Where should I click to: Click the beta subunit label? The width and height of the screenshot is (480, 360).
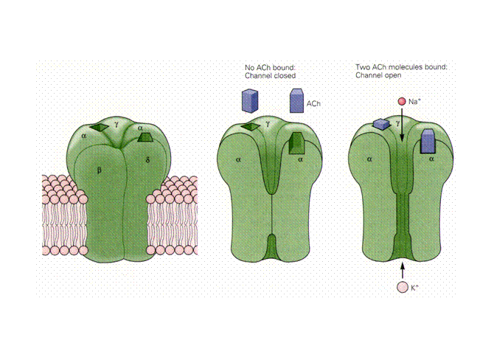coord(100,170)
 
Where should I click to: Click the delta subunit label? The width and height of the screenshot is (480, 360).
coord(148,159)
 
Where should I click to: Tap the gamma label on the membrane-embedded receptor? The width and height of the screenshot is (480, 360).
coord(116,124)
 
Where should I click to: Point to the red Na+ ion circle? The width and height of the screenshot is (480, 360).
coord(402,101)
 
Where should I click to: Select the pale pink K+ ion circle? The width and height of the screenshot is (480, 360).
coord(403,288)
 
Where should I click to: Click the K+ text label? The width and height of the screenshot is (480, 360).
coord(414,288)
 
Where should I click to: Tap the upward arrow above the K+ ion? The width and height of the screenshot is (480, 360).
coord(403,271)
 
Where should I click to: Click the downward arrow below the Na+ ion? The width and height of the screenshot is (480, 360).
coord(402,124)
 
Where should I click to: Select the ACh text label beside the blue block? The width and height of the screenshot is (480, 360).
coord(313,103)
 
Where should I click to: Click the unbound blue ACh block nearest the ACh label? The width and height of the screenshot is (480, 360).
coord(296,101)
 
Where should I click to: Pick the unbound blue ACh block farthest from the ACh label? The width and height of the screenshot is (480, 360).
coord(250,101)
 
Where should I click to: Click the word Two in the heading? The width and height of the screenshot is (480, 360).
coord(361,67)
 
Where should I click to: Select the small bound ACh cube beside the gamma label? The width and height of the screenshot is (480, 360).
coord(381,124)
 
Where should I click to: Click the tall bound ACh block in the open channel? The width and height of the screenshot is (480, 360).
coord(428,141)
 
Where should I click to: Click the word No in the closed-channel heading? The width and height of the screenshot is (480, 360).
coord(249,68)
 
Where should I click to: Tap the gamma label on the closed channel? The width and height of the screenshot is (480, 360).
coord(268,124)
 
